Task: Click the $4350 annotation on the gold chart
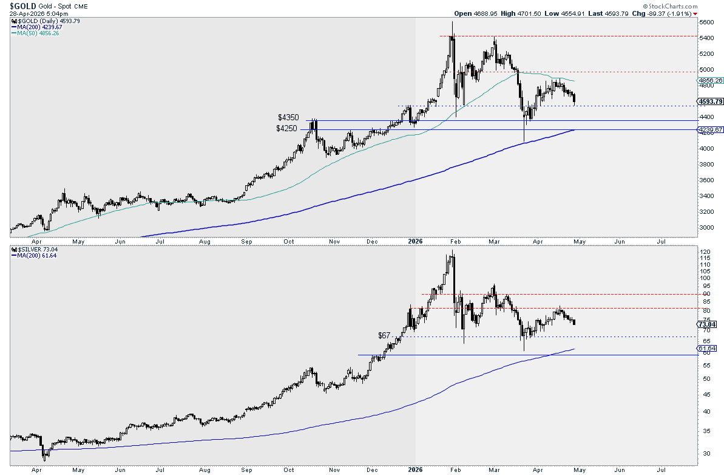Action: pyautogui.click(x=288, y=117)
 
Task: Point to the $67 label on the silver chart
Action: pyautogui.click(x=384, y=335)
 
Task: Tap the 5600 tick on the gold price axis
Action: pyautogui.click(x=706, y=22)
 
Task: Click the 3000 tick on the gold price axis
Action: pyautogui.click(x=706, y=227)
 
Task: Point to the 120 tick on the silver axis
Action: pyautogui.click(x=705, y=251)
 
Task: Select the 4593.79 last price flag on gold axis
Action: pyautogui.click(x=709, y=101)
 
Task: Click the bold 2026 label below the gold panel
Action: pyautogui.click(x=415, y=242)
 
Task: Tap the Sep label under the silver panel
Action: pyautogui.click(x=246, y=470)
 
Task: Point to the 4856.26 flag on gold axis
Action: pyautogui.click(x=710, y=80)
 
